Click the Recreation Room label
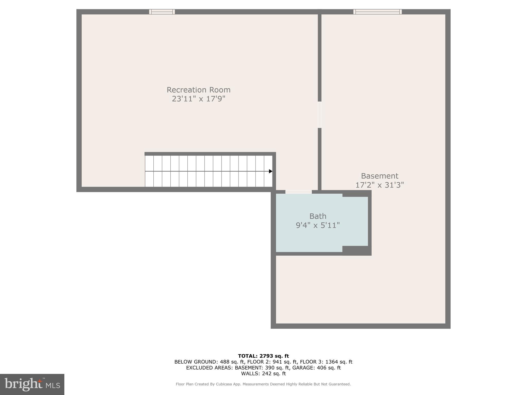[198, 90]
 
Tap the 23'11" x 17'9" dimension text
[198, 99]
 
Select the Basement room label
[380, 176]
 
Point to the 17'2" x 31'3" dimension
[380, 185]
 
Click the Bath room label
[318, 216]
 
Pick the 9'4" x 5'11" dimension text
[318, 225]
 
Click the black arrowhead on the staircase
[270, 171]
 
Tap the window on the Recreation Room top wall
[162, 12]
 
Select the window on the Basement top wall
[377, 12]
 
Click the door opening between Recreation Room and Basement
[320, 115]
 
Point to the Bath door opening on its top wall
[298, 192]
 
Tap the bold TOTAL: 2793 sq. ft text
[263, 356]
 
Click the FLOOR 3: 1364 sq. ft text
[326, 362]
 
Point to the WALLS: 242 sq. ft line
[263, 374]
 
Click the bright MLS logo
[32, 384]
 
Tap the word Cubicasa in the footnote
[224, 384]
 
